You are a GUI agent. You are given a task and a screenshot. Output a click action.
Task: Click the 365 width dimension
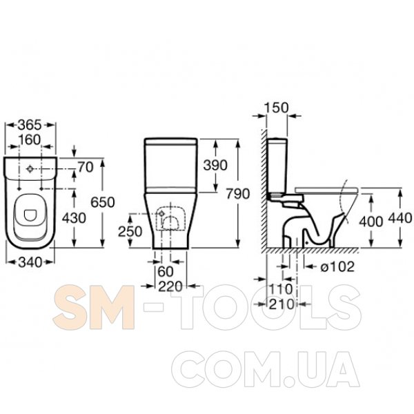pos(30,125)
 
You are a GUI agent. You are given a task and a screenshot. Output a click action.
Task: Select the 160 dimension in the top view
pos(30,139)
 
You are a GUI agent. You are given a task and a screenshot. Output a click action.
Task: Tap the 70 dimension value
pos(86,167)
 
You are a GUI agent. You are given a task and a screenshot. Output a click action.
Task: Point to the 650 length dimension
pos(103,202)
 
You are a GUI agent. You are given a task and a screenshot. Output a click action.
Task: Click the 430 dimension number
pos(74,218)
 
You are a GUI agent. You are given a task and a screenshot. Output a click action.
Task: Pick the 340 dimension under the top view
pos(30,262)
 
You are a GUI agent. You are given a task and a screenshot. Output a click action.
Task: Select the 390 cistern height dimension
pos(215,166)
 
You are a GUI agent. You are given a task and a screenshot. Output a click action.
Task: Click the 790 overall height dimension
pos(238,194)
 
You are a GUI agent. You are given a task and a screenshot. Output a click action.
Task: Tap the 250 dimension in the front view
pos(130,232)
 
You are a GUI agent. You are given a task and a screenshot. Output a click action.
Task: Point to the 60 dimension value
pos(166,271)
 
